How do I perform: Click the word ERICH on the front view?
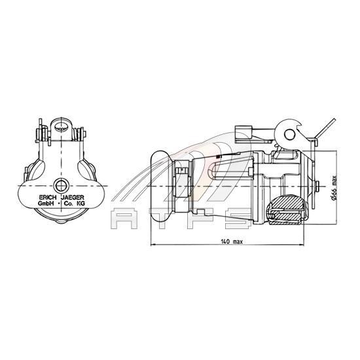pos(48,198)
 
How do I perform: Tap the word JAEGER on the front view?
pos(73,198)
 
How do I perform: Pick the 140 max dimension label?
pos(232,242)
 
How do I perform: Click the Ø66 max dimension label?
pos(334,188)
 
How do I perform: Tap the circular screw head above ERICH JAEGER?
pos(61,185)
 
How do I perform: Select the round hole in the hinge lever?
pos(289,134)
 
